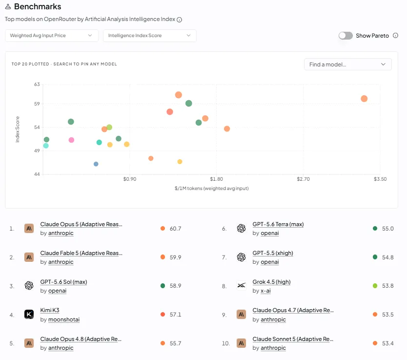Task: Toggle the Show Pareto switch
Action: [x=346, y=36]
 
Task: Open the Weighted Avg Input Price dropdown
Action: [x=52, y=36]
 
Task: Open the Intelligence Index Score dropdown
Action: [x=149, y=36]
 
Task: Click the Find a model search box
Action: [x=347, y=64]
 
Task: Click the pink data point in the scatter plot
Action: [x=71, y=140]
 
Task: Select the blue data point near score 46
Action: [x=96, y=164]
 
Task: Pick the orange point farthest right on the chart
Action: [x=364, y=99]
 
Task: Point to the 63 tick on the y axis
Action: [x=37, y=85]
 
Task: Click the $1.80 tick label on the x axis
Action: [x=217, y=179]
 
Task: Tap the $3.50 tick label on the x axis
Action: [x=380, y=179]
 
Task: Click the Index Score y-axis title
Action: [x=18, y=129]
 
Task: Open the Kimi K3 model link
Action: [x=50, y=310]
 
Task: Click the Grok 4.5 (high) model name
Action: [x=271, y=282]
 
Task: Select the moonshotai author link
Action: [x=64, y=319]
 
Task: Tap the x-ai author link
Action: [x=265, y=291]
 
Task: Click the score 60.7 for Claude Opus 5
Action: [x=176, y=229]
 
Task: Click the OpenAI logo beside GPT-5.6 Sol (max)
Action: [x=29, y=286]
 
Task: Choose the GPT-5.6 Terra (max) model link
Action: [x=278, y=224]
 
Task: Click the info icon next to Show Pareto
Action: [x=395, y=36]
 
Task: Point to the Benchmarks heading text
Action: [x=38, y=6]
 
